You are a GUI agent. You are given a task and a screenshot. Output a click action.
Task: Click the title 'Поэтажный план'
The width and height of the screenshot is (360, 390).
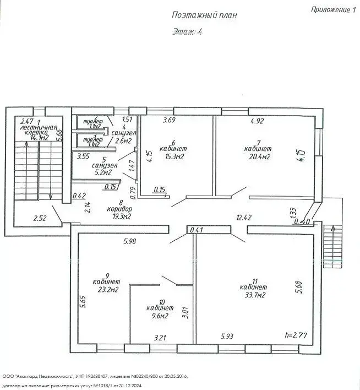(x=204, y=15)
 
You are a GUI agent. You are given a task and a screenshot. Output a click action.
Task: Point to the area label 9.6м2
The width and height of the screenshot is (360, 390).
(x=160, y=316)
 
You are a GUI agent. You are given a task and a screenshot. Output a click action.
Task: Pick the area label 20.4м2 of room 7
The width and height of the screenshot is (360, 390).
(x=258, y=157)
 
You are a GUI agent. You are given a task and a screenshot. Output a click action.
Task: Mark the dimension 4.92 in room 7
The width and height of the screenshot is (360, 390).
(x=259, y=121)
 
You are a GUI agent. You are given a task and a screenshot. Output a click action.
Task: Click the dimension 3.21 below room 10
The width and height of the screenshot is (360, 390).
(x=160, y=337)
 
